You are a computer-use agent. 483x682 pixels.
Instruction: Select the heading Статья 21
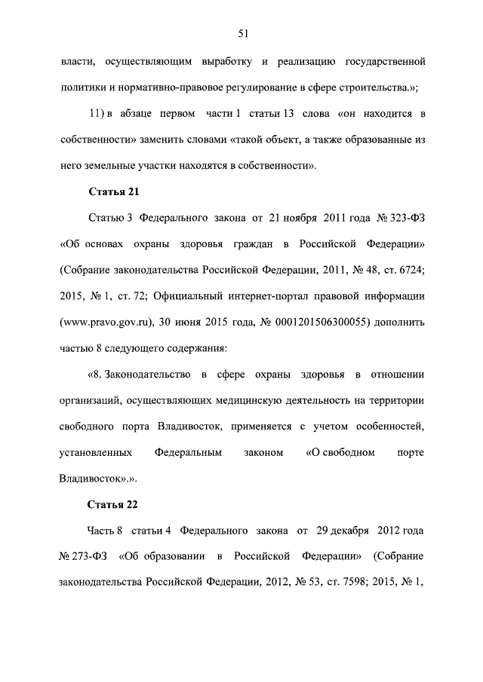(x=113, y=192)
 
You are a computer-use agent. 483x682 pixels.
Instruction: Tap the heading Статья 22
(x=113, y=504)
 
